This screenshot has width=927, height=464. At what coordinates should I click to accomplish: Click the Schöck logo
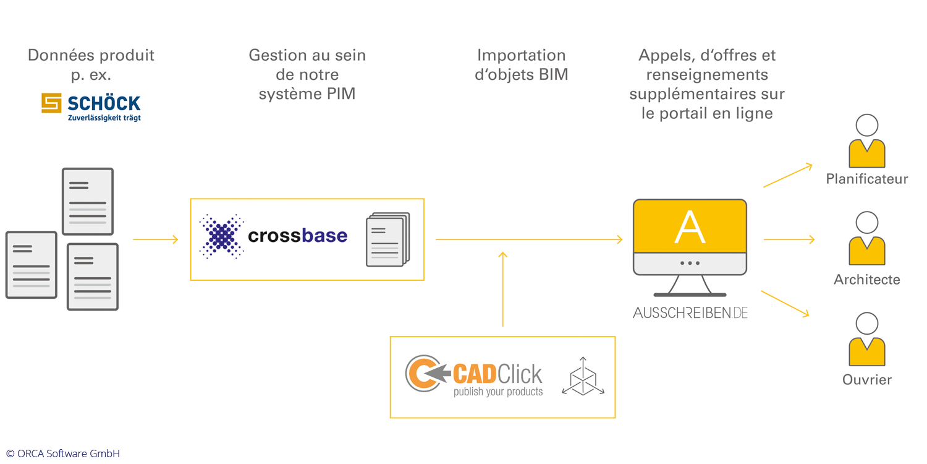(x=91, y=107)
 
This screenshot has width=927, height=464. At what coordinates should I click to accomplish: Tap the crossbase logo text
(x=297, y=236)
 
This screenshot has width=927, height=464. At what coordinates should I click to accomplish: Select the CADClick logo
(x=474, y=376)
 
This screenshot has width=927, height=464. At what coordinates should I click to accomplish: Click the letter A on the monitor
(x=690, y=227)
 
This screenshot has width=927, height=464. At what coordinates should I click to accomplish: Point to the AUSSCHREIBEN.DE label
(x=690, y=312)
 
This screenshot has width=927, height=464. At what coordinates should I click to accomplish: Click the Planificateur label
(x=867, y=179)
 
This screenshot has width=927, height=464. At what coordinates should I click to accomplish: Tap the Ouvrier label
(x=867, y=380)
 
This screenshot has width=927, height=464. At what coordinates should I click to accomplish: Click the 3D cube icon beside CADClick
(x=583, y=376)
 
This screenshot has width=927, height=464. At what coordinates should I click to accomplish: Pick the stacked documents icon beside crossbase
(x=387, y=239)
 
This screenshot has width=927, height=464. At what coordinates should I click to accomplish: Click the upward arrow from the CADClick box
(x=503, y=288)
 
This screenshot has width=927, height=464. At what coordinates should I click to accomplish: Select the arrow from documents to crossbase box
(x=155, y=239)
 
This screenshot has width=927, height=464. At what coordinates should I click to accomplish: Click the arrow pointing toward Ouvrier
(x=785, y=304)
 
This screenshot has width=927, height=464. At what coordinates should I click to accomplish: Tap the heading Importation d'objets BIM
(x=521, y=65)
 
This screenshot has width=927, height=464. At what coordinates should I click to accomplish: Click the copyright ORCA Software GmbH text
(x=63, y=453)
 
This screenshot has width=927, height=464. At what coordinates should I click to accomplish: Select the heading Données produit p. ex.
(x=91, y=65)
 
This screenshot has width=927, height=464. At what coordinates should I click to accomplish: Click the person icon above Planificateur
(x=867, y=142)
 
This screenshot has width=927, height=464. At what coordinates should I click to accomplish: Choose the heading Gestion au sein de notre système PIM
(x=307, y=75)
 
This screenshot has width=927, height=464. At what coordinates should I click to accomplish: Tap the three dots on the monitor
(x=690, y=263)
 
